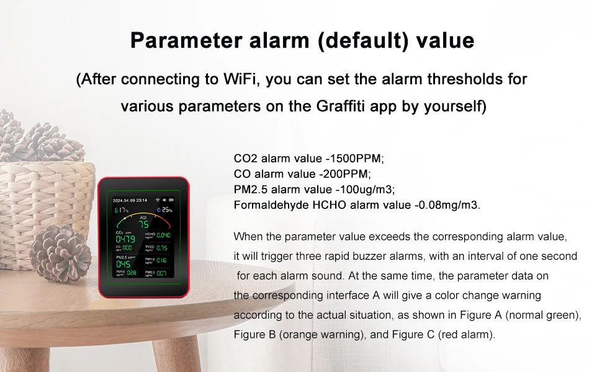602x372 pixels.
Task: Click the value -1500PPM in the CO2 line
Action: [x=359, y=158]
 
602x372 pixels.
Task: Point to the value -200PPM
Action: [x=345, y=174]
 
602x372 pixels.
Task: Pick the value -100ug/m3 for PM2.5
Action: [x=364, y=189]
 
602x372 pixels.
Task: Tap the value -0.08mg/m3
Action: [x=446, y=205]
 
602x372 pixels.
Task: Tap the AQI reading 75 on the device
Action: [x=143, y=224]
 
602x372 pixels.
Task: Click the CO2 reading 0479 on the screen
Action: [x=125, y=239]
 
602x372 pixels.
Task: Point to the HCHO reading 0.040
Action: [x=163, y=236]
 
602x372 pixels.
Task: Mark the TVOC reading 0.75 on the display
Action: [x=162, y=248]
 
